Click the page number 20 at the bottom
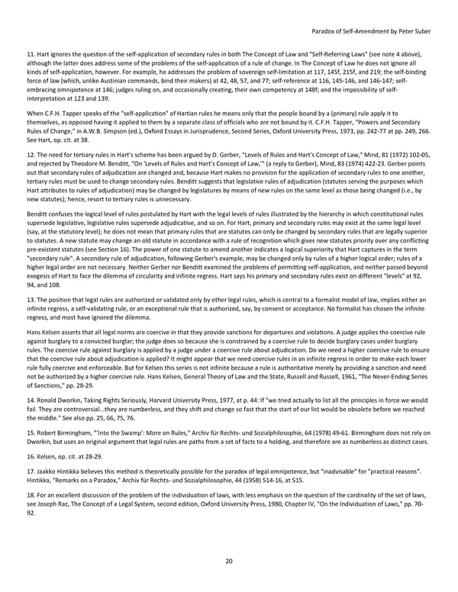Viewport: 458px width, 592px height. point(228,561)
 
